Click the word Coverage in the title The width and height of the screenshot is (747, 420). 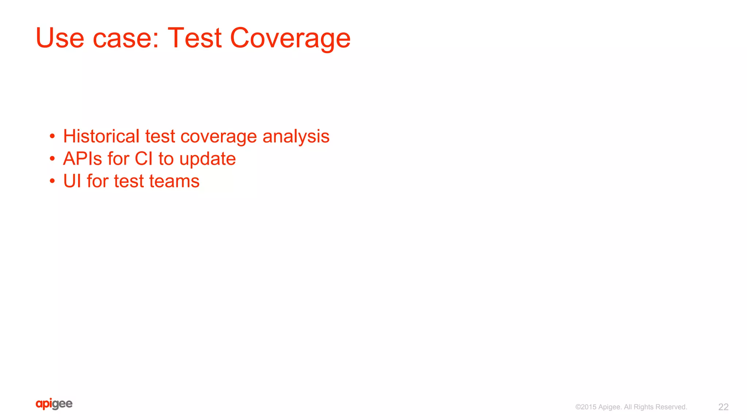[x=290, y=38]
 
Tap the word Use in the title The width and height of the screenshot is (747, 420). [x=60, y=38]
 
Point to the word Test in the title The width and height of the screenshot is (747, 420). [x=194, y=38]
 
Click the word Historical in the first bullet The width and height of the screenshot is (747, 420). [x=101, y=136]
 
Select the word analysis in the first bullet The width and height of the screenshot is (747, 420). [x=296, y=137]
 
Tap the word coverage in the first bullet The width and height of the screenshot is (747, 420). [x=218, y=137]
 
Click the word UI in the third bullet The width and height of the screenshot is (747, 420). [x=72, y=181]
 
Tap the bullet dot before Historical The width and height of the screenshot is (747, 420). [x=53, y=137]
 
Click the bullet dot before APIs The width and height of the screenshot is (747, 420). [x=53, y=159]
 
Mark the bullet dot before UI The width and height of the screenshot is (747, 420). [x=53, y=181]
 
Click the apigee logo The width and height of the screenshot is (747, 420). [x=54, y=404]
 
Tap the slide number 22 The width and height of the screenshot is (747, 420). [x=723, y=407]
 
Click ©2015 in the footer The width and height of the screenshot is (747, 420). [x=586, y=407]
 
